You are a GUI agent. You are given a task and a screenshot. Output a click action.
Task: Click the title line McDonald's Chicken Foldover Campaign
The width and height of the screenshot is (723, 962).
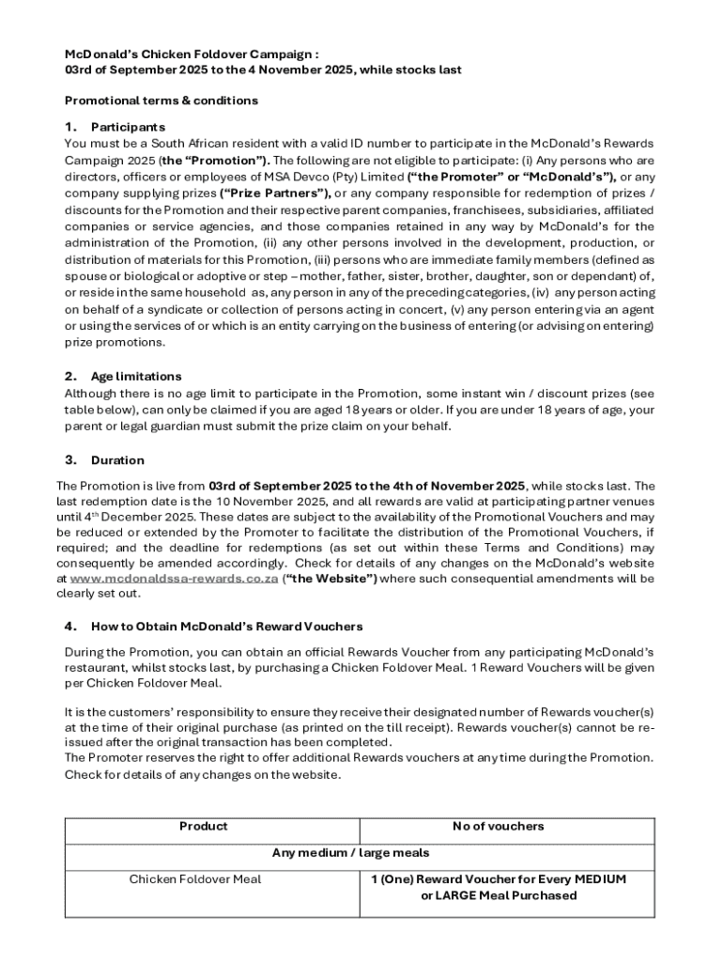click(184, 54)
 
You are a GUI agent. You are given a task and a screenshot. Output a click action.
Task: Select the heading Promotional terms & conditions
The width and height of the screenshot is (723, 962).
click(161, 101)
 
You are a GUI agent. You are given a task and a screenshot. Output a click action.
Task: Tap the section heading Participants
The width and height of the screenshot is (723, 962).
click(128, 127)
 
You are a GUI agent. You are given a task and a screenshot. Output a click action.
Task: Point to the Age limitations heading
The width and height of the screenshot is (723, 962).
click(136, 377)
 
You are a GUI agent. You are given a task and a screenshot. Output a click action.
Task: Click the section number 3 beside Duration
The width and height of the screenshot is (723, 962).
click(70, 459)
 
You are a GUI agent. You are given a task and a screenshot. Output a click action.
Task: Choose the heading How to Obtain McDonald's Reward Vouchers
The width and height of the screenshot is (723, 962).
click(226, 626)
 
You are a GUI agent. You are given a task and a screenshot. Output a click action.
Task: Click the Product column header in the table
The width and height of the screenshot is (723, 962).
click(203, 827)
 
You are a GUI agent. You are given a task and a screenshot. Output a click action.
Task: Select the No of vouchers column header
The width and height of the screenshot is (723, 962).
click(498, 827)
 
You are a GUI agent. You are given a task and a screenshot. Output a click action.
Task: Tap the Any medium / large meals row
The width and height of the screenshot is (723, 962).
click(350, 853)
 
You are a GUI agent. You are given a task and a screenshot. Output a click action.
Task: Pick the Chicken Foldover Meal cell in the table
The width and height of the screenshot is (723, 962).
click(195, 879)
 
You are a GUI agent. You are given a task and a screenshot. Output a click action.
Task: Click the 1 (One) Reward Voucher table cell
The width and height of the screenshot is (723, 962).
click(498, 887)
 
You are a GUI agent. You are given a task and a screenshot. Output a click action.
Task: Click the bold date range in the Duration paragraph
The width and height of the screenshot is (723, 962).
click(367, 486)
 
